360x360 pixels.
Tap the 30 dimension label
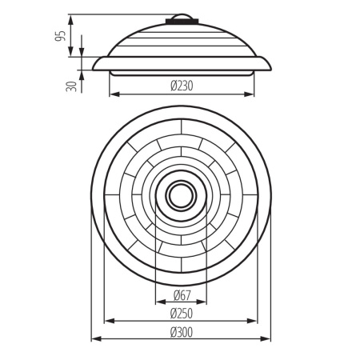72,84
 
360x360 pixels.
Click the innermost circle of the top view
181,195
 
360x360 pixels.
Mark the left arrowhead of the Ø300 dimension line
94,339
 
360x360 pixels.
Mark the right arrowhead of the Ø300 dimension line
270,339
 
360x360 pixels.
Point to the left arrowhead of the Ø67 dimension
158,303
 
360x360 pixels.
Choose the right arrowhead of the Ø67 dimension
204,303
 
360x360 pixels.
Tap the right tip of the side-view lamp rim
270,66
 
